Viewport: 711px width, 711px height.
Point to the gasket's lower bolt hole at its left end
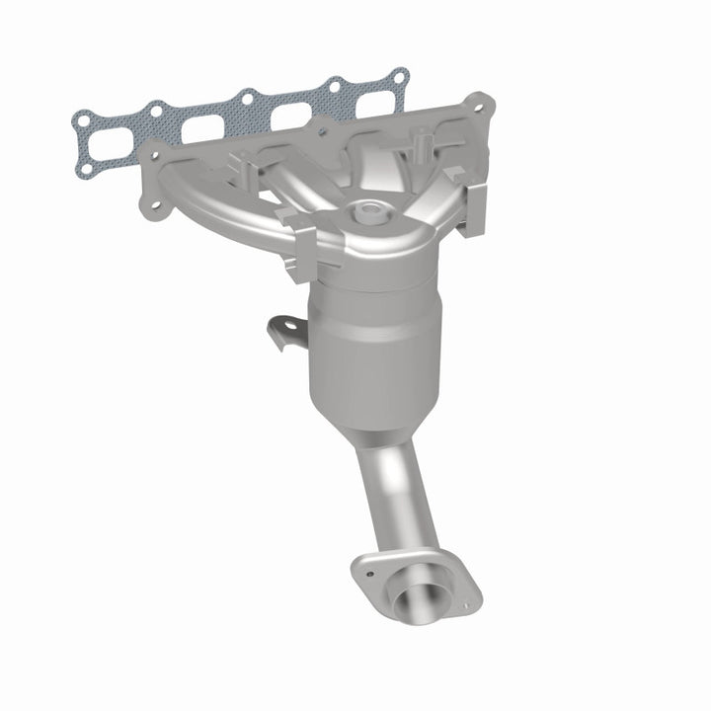86,169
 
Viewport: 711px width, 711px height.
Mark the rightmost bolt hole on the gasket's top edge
398,75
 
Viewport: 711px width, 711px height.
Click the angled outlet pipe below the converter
395,494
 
